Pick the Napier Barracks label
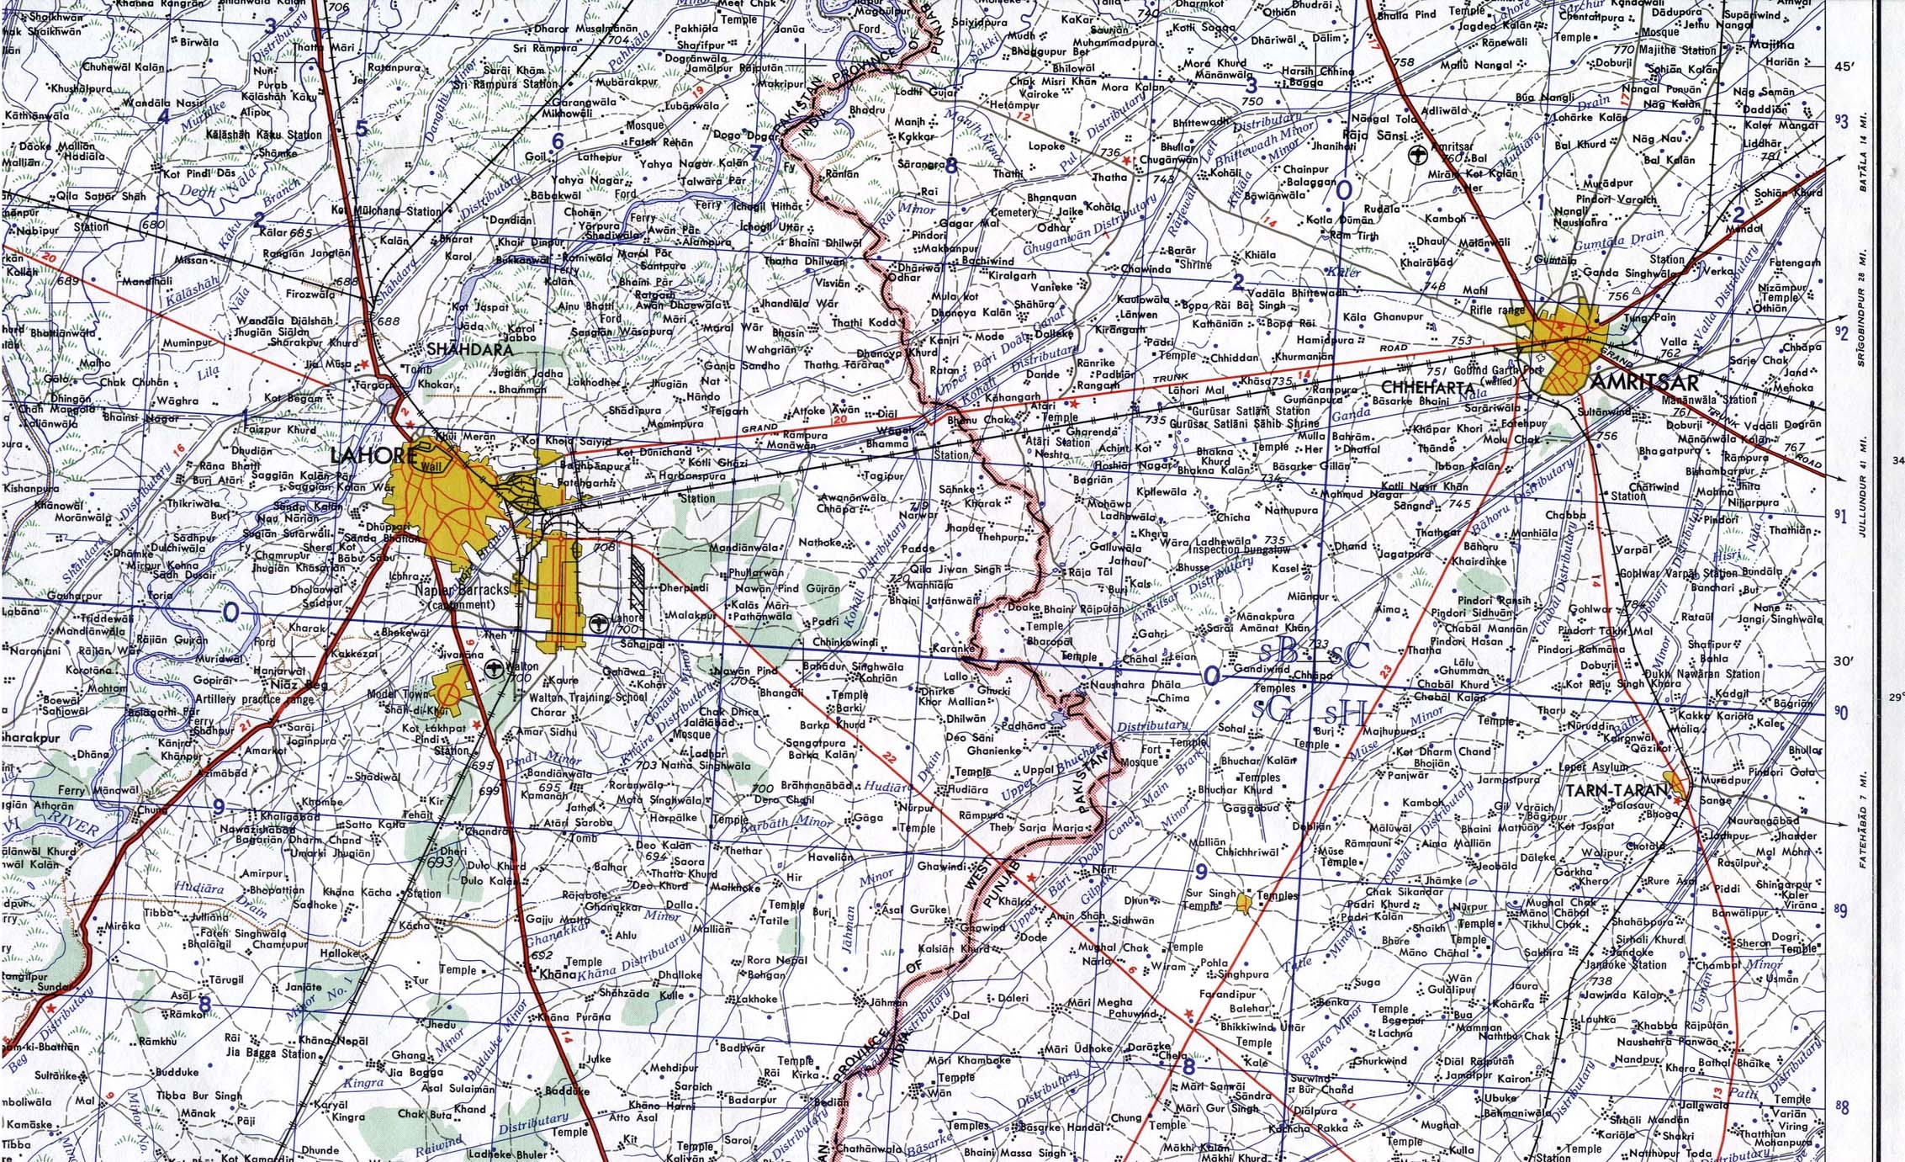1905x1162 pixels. [463, 591]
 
